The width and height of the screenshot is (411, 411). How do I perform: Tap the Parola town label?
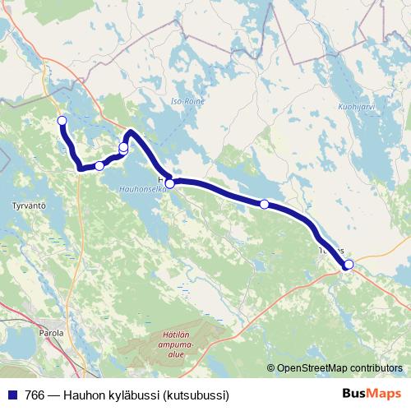(50, 334)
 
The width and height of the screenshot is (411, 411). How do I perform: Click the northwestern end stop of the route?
(62, 122)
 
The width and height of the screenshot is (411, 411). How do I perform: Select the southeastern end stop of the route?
(349, 264)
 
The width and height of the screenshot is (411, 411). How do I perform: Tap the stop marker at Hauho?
(169, 184)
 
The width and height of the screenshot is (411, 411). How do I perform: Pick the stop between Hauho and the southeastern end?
(264, 204)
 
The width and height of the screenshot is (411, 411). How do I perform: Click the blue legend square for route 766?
(13, 395)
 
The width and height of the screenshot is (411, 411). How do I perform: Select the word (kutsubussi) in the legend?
(196, 395)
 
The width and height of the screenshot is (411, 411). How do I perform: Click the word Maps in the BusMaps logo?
(385, 394)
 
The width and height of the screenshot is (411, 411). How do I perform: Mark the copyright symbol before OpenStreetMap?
(271, 367)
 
